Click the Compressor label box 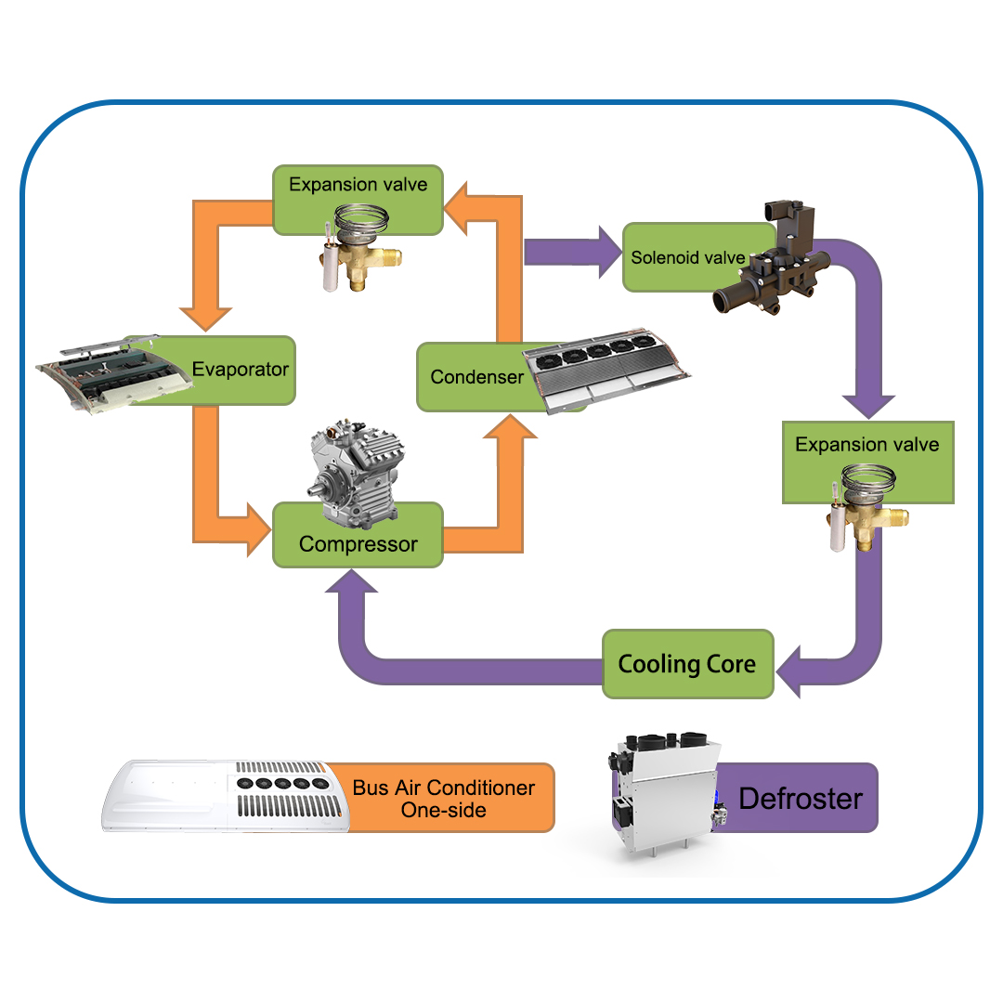point(358,544)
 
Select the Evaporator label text point(241,370)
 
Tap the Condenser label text point(476,377)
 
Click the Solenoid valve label point(687,257)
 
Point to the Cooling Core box point(687,664)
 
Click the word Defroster point(801,798)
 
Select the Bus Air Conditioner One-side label point(444,798)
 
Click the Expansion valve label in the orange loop point(358,184)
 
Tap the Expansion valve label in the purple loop point(866,445)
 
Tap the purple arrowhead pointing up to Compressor point(351,583)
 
